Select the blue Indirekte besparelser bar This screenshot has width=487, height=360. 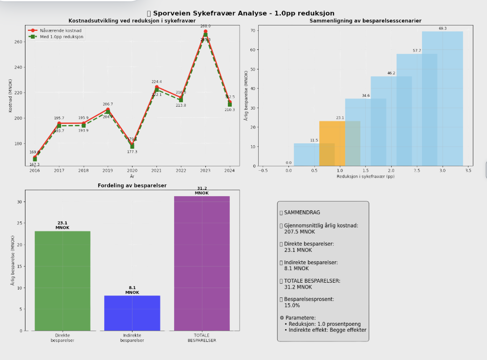coord(132,313)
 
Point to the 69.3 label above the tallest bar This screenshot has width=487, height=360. coord(443,28)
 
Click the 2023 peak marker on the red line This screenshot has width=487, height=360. coord(205,31)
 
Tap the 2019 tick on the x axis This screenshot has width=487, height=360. coord(108,170)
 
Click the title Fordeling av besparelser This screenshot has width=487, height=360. coord(132,185)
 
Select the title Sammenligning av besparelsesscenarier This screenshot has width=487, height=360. coord(365,21)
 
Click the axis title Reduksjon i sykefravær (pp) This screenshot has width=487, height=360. coord(365,176)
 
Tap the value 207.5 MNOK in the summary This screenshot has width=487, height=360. coord(299,232)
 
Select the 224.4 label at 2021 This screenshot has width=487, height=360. coord(156,82)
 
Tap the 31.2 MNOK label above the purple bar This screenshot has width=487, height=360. coord(201,191)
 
